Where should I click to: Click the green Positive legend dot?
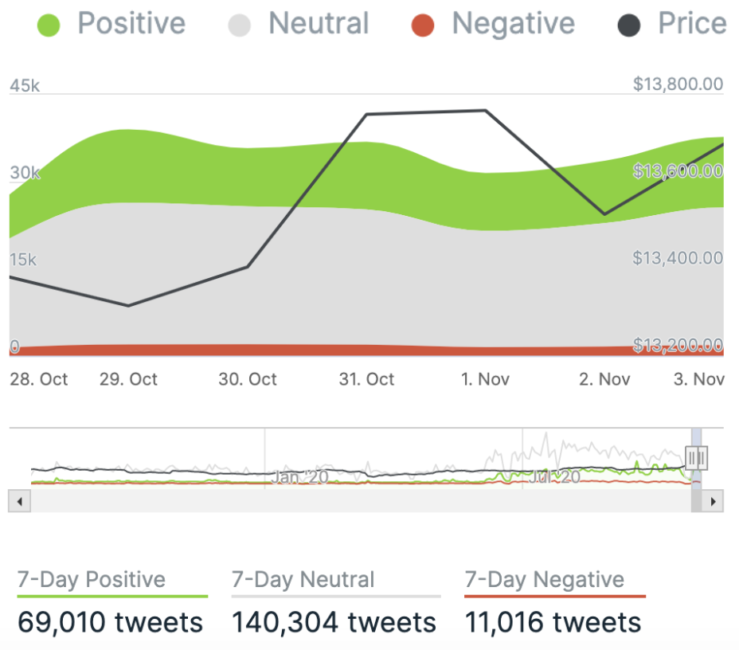pos(49,25)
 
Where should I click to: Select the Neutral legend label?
pos(319,24)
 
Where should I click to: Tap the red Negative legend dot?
pos(423,25)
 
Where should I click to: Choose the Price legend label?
pos(691,24)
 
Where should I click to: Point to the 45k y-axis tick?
pos(24,85)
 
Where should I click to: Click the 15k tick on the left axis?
pos(23,260)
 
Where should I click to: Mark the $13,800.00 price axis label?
pos(678,84)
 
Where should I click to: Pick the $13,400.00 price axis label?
pos(678,258)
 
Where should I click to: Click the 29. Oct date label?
pos(128,379)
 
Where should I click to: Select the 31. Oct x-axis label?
pos(366,379)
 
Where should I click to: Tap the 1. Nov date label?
pos(485,379)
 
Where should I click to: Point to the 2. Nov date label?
pos(604,379)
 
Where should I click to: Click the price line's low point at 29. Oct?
pos(128,306)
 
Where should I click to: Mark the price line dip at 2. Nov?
pos(604,214)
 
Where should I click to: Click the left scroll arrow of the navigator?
pos(19,501)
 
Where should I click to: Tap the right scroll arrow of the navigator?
pos(714,501)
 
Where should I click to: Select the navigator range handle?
pos(696,457)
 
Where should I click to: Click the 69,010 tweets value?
pos(110,622)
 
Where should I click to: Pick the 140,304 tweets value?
pos(334,622)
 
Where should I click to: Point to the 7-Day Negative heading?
pos(545,580)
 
